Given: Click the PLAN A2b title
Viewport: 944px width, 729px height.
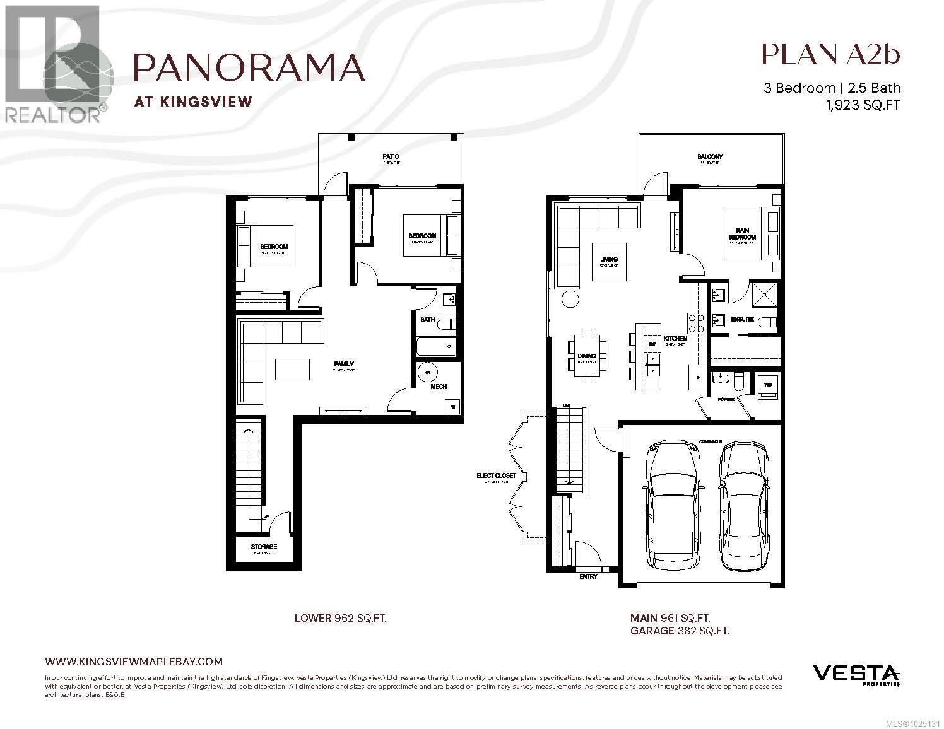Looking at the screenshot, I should click(x=830, y=54).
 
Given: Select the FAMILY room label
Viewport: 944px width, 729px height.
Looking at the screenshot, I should click(x=344, y=364).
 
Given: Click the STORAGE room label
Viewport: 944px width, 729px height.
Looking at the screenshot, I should click(x=264, y=546).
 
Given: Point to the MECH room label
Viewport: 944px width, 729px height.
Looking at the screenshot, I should click(x=439, y=387).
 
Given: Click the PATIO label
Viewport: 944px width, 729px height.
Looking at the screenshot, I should click(x=390, y=156).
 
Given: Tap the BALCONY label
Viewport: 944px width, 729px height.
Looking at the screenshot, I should click(x=710, y=156).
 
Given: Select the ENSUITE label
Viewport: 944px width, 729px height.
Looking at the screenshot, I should click(x=742, y=319).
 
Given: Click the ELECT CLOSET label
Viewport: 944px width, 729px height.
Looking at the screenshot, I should click(x=496, y=475).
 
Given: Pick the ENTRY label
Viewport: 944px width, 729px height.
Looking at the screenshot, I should click(x=587, y=576).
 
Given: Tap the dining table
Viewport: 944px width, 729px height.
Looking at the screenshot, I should click(x=587, y=356).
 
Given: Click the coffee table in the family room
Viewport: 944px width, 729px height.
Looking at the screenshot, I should click(x=292, y=369).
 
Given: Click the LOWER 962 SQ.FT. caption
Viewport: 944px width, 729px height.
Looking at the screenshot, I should click(x=340, y=618).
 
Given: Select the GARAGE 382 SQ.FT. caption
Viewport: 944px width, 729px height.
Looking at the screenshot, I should click(x=680, y=630).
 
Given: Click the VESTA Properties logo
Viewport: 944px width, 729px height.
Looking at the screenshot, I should click(x=856, y=674).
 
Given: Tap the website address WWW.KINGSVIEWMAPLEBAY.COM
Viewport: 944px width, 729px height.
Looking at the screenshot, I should click(x=134, y=661).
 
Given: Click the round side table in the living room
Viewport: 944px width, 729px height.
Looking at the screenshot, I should click(x=570, y=299).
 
